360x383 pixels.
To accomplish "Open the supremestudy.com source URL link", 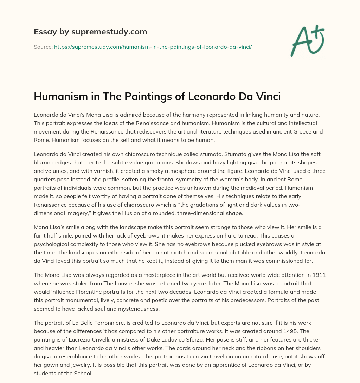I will tap(153, 46).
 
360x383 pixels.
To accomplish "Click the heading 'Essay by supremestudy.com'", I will tap(90, 32).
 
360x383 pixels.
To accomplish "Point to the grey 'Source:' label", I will tap(43, 46).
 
